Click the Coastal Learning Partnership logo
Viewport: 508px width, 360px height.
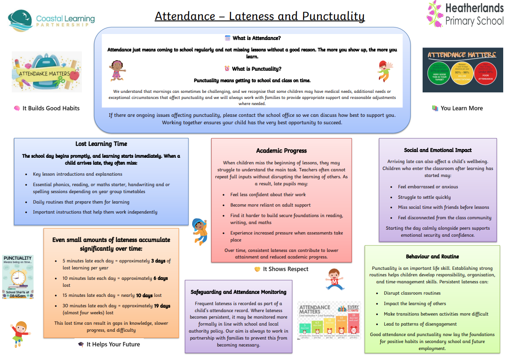pyautogui.click(x=51, y=19)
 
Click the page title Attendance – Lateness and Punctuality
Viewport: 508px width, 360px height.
pyautogui.click(x=260, y=17)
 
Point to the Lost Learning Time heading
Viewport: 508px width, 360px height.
pyautogui.click(x=101, y=144)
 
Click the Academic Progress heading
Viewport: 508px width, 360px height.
pyautogui.click(x=281, y=151)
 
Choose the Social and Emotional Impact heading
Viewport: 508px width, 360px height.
pyautogui.click(x=437, y=150)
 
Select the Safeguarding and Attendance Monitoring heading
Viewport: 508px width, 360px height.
pyautogui.click(x=238, y=292)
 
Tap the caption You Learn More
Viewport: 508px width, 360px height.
pyautogui.click(x=461, y=109)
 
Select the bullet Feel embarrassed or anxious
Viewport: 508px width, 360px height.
pyautogui.click(x=428, y=187)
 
